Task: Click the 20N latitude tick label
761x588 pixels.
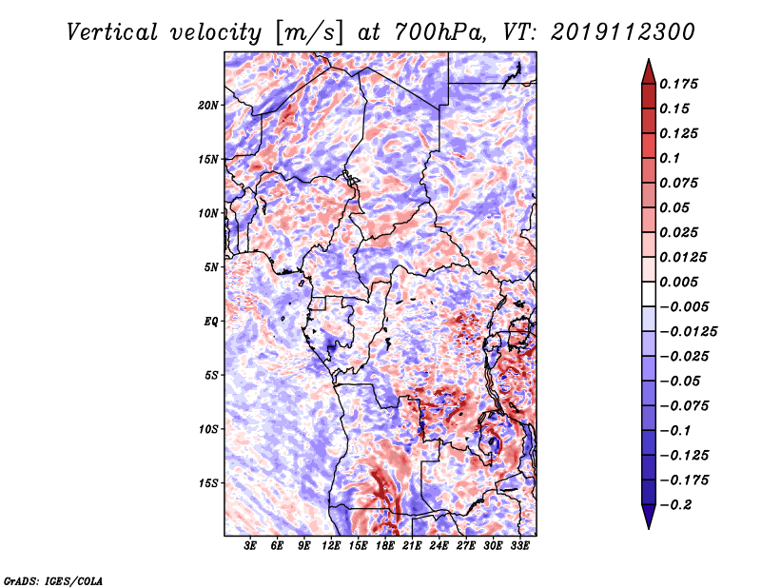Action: click(207, 106)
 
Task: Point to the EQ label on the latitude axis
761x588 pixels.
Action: click(210, 322)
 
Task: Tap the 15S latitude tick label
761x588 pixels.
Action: click(210, 483)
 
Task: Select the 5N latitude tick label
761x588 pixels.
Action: click(210, 267)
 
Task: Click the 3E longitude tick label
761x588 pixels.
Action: click(250, 546)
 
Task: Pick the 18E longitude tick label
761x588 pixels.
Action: click(385, 546)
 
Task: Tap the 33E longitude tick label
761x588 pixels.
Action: click(519, 546)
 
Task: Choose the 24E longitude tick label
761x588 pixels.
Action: click(439, 546)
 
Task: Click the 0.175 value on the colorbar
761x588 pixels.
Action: click(678, 85)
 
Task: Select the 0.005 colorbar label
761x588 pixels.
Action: click(678, 282)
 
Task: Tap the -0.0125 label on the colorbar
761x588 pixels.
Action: click(688, 332)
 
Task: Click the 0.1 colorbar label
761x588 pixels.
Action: click(670, 158)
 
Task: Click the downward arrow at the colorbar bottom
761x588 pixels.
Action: click(649, 517)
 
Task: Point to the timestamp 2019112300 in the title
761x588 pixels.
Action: click(623, 32)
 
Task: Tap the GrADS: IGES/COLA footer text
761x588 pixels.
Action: click(53, 580)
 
